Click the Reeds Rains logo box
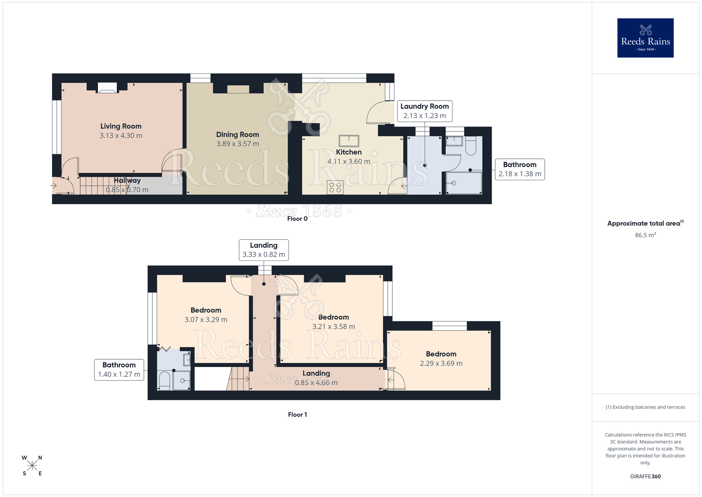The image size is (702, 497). pyautogui.click(x=645, y=38)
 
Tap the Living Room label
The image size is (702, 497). pyautogui.click(x=121, y=126)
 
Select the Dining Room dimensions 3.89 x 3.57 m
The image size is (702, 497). pyautogui.click(x=238, y=144)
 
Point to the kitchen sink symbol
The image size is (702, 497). pyautogui.click(x=349, y=141)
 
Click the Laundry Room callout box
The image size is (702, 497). pyautogui.click(x=424, y=111)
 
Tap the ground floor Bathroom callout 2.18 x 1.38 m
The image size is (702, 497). pyautogui.click(x=519, y=169)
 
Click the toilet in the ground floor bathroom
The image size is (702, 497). pyautogui.click(x=471, y=146)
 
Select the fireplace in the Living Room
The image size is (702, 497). pyautogui.click(x=107, y=88)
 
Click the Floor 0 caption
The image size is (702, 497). pyautogui.click(x=297, y=219)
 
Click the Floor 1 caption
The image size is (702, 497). pyautogui.click(x=297, y=414)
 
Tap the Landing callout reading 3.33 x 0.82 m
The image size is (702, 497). pyautogui.click(x=264, y=250)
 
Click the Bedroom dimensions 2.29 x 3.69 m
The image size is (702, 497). pyautogui.click(x=441, y=363)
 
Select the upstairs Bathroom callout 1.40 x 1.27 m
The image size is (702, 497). pyautogui.click(x=119, y=370)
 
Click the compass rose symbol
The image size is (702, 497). pyautogui.click(x=32, y=466)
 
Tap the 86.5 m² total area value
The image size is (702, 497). pyautogui.click(x=645, y=235)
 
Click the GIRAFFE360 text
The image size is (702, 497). pyautogui.click(x=645, y=477)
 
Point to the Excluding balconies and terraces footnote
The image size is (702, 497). pyautogui.click(x=645, y=407)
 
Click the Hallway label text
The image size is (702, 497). pyautogui.click(x=127, y=180)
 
